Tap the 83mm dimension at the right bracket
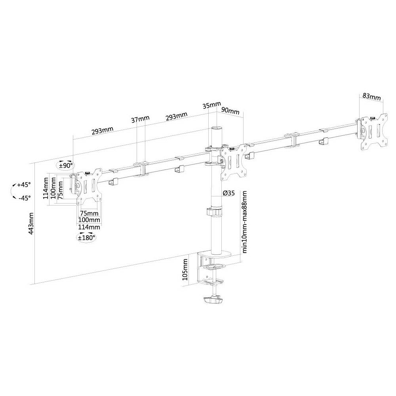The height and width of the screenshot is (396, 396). coord(371,97)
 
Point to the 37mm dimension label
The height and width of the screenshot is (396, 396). coord(141,119)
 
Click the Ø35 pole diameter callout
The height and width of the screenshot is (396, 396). coord(228,193)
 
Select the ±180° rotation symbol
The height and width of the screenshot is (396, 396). coord(86,237)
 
